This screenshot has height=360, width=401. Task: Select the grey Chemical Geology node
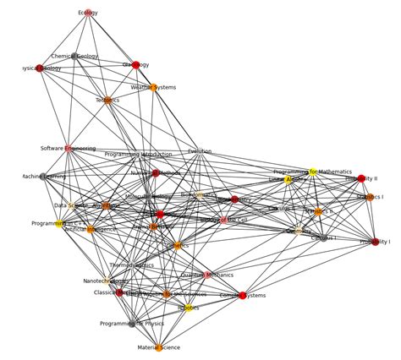[74, 57]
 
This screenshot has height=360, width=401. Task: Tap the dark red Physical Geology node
[40, 68]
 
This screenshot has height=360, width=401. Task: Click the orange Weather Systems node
[153, 87]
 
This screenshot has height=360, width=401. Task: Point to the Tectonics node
[107, 101]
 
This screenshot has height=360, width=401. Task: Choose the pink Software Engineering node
[69, 149]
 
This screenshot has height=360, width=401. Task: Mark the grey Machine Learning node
[43, 177]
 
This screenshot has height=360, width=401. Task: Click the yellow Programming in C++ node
[59, 224]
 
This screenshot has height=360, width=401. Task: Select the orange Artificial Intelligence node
[91, 229]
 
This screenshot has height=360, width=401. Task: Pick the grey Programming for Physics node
[132, 324]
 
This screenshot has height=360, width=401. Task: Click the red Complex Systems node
[243, 296]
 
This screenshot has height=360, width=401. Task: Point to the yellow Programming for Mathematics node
[312, 172]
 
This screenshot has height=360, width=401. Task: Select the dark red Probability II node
[362, 179]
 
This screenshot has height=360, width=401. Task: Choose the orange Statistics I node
[370, 197]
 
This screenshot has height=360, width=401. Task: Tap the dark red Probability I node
[375, 243]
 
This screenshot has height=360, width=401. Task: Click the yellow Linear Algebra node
[288, 180]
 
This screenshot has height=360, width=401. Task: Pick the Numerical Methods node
[156, 173]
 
